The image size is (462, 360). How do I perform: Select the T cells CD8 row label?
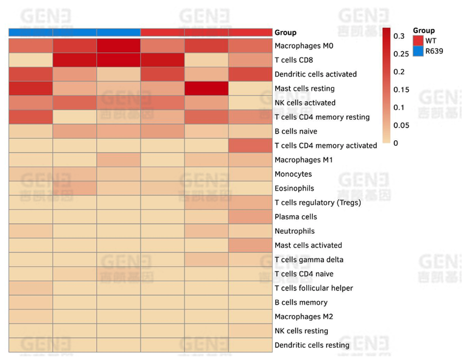[x=294, y=60]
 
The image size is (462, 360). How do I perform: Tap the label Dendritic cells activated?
[x=315, y=74]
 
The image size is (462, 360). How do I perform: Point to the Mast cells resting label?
[x=304, y=89]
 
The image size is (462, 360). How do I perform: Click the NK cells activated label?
[x=305, y=103]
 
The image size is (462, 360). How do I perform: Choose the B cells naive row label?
[x=296, y=132]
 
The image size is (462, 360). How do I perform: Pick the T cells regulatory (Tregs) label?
[x=318, y=202]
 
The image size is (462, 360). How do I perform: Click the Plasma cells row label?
[x=295, y=217]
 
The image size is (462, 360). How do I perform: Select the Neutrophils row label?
[x=294, y=231]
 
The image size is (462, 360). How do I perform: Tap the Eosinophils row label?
[x=294, y=188]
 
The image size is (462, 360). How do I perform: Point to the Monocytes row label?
[x=293, y=174]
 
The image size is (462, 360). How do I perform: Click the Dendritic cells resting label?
[x=312, y=345]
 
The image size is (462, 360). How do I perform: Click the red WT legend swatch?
[x=418, y=41]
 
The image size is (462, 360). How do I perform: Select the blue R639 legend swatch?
[x=418, y=51]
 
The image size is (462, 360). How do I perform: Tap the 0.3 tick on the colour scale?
[x=398, y=36]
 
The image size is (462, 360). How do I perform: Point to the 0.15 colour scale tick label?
[x=401, y=90]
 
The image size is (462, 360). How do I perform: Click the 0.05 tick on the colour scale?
[x=401, y=125]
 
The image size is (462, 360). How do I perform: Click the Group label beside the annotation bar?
[x=285, y=33]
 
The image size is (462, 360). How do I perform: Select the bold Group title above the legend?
[x=424, y=31]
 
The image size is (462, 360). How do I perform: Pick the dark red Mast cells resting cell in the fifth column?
[x=206, y=89]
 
